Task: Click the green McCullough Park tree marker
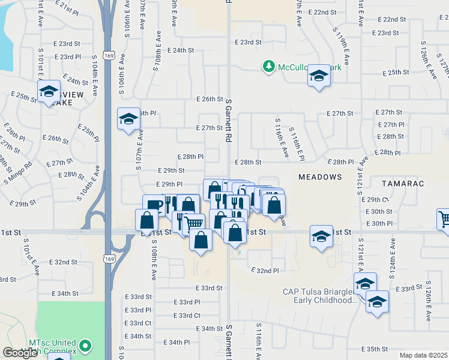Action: pyautogui.click(x=268, y=67)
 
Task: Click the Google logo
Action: pyautogui.click(x=19, y=353)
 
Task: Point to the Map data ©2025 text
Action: pyautogui.click(x=423, y=355)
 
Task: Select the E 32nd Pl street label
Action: pyautogui.click(x=265, y=271)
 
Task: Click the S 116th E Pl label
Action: pyautogui.click(x=297, y=143)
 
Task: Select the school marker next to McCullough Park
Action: pyautogui.click(x=319, y=76)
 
